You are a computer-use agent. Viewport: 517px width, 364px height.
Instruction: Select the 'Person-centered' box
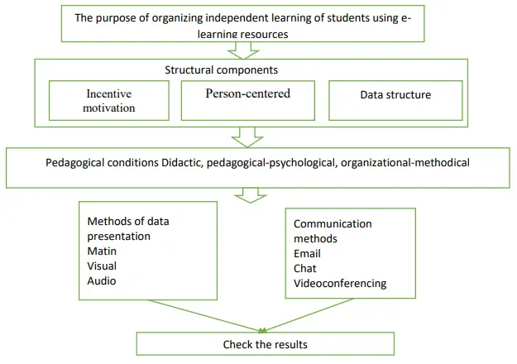click(247, 99)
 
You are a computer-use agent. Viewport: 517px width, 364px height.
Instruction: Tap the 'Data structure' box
click(395, 99)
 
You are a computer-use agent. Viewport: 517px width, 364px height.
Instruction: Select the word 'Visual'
click(102, 266)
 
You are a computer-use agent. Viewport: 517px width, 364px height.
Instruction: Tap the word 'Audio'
click(102, 280)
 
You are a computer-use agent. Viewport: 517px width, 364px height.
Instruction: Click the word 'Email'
click(307, 253)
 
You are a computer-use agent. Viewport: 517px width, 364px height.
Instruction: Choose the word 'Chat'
click(305, 268)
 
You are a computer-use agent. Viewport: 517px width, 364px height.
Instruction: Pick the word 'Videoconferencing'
click(340, 283)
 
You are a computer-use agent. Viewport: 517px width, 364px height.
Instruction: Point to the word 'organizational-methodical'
click(405, 163)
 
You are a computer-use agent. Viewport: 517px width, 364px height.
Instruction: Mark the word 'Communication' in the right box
click(333, 223)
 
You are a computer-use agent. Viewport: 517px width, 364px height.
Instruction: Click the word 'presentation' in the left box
click(118, 236)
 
